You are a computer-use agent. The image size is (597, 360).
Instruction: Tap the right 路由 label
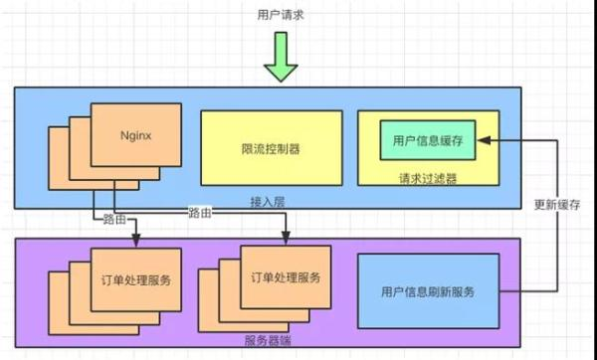[200, 214]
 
